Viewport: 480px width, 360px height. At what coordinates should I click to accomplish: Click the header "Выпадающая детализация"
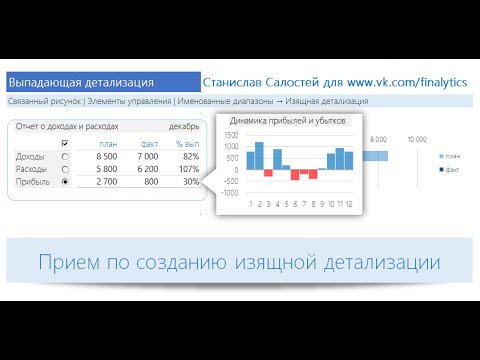click(81, 83)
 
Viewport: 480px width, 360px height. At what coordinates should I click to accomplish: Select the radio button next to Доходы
click(65, 156)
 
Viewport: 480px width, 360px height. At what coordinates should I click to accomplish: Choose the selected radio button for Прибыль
click(65, 182)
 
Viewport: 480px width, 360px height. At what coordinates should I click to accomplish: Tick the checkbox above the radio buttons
click(65, 143)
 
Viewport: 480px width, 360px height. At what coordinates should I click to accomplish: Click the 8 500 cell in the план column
click(103, 156)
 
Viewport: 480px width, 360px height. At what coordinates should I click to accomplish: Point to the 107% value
click(188, 169)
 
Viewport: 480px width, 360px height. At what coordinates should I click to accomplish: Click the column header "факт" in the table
click(150, 143)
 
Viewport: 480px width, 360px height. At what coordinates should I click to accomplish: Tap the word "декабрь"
click(184, 127)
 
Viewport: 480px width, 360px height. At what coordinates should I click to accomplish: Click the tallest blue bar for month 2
click(259, 155)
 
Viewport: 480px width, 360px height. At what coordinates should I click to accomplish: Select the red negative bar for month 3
click(268, 172)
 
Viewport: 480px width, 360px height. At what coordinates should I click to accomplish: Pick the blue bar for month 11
click(340, 159)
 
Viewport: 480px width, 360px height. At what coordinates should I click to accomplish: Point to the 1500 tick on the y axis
click(231, 135)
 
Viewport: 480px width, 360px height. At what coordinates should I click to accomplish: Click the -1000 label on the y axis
click(229, 193)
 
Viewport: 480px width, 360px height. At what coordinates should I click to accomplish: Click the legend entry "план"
click(454, 156)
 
